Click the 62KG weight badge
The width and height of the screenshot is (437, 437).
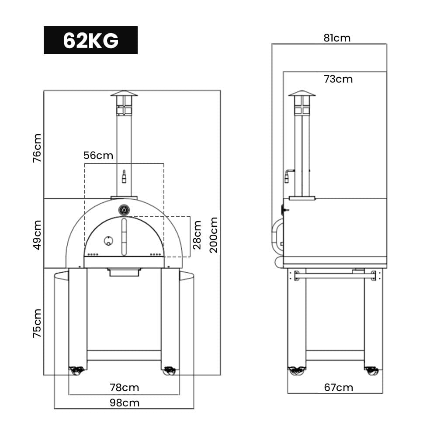point(90,40)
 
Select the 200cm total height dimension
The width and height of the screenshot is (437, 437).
point(214,235)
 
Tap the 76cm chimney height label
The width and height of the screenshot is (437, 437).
point(38,148)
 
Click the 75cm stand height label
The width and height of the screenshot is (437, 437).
point(38,323)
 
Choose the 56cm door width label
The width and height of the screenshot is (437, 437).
point(98,156)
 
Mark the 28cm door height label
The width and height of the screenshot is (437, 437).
point(198,235)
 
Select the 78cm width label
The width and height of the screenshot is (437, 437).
point(125,388)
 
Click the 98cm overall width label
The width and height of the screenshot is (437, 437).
point(125,402)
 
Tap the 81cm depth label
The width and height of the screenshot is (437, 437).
point(337,38)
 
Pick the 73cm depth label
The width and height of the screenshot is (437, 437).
point(338,79)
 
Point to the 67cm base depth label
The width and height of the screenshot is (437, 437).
point(339,388)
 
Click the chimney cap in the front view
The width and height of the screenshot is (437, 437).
point(124,94)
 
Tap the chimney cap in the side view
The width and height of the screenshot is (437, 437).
point(302,94)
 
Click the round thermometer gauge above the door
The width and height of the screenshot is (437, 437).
point(124,210)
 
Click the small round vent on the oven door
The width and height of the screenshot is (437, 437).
point(108,240)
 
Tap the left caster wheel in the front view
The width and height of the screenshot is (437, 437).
point(77,371)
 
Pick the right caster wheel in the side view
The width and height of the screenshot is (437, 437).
point(371,371)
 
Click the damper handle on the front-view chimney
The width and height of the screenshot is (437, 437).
point(124,176)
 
